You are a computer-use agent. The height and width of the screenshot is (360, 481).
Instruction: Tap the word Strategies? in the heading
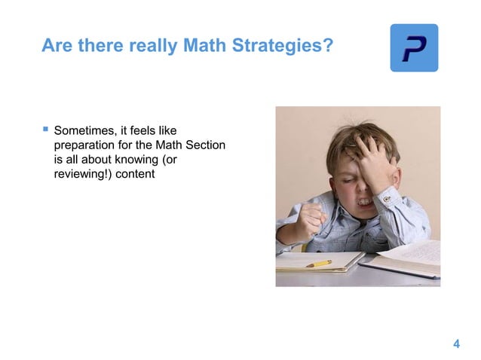280,47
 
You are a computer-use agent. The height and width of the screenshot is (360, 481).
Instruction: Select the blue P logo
413,47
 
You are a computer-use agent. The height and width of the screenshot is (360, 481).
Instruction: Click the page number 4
456,344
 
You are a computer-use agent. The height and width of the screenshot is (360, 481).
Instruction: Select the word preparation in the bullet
87,145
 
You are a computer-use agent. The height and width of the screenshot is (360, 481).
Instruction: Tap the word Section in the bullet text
204,145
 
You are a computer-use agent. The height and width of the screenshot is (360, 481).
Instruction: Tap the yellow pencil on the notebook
319,264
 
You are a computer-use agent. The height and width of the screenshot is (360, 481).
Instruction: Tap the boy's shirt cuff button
387,200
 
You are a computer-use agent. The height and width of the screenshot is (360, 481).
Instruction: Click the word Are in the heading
55,47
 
